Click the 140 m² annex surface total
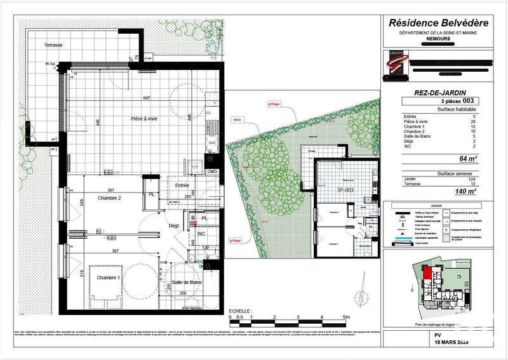coord(469,190)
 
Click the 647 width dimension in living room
coord(147,98)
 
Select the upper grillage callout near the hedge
coord(274,103)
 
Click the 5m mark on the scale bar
coord(345,317)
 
